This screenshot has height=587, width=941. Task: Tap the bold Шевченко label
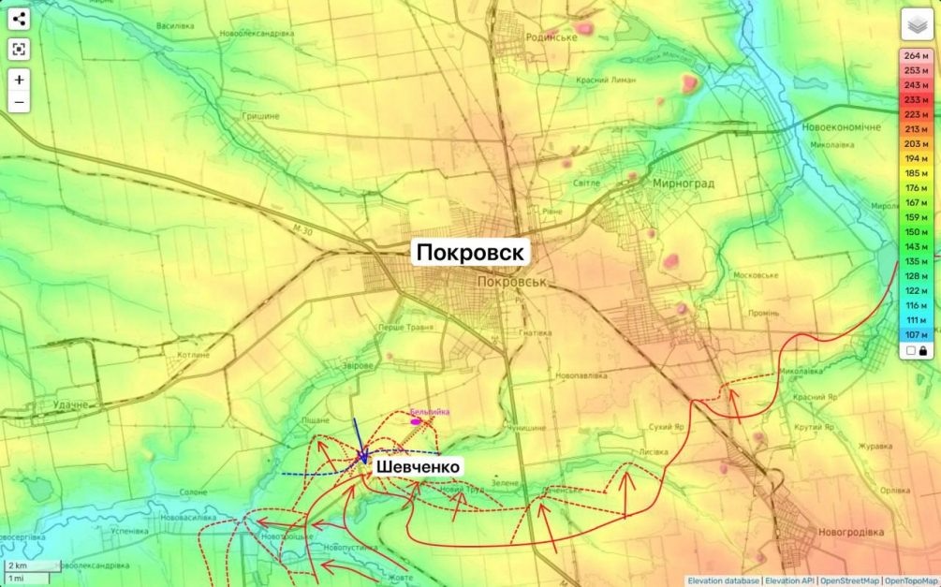click(x=418, y=467)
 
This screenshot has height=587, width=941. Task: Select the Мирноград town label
click(x=683, y=183)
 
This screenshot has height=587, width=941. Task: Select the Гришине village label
click(x=261, y=116)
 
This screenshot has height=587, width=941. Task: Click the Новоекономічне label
click(x=841, y=126)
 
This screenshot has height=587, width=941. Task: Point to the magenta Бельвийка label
click(x=430, y=412)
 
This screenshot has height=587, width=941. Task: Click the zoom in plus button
click(x=20, y=80)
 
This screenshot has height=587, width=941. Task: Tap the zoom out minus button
click(x=20, y=102)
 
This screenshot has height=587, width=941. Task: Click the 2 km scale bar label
click(x=18, y=566)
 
